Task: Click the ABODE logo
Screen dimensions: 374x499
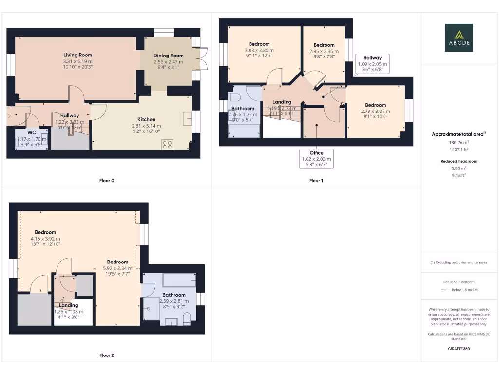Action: point(459,37)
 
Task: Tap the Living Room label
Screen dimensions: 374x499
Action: point(77,55)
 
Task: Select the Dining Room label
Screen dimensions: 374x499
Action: point(168,56)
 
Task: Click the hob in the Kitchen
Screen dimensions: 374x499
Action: point(167,144)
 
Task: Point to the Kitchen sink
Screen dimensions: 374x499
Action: point(187,118)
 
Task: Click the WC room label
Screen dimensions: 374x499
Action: point(32,132)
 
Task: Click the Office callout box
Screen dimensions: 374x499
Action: point(317,159)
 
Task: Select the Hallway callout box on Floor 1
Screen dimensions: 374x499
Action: point(372,64)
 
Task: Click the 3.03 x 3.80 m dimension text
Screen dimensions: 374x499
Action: point(259,50)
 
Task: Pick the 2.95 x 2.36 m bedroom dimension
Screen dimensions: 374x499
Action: point(324,51)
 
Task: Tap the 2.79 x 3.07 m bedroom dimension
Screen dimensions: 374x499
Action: point(375,111)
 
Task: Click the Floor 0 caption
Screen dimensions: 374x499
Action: point(107,181)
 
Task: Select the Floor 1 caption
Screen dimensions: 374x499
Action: point(316,181)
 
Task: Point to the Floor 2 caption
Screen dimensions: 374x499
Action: point(107,355)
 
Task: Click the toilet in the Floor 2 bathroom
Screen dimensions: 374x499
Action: point(187,318)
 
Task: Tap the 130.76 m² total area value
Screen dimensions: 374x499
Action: point(459,143)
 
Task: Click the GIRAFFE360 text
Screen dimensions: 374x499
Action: point(459,349)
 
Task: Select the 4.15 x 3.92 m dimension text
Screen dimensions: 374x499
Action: point(45,239)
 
